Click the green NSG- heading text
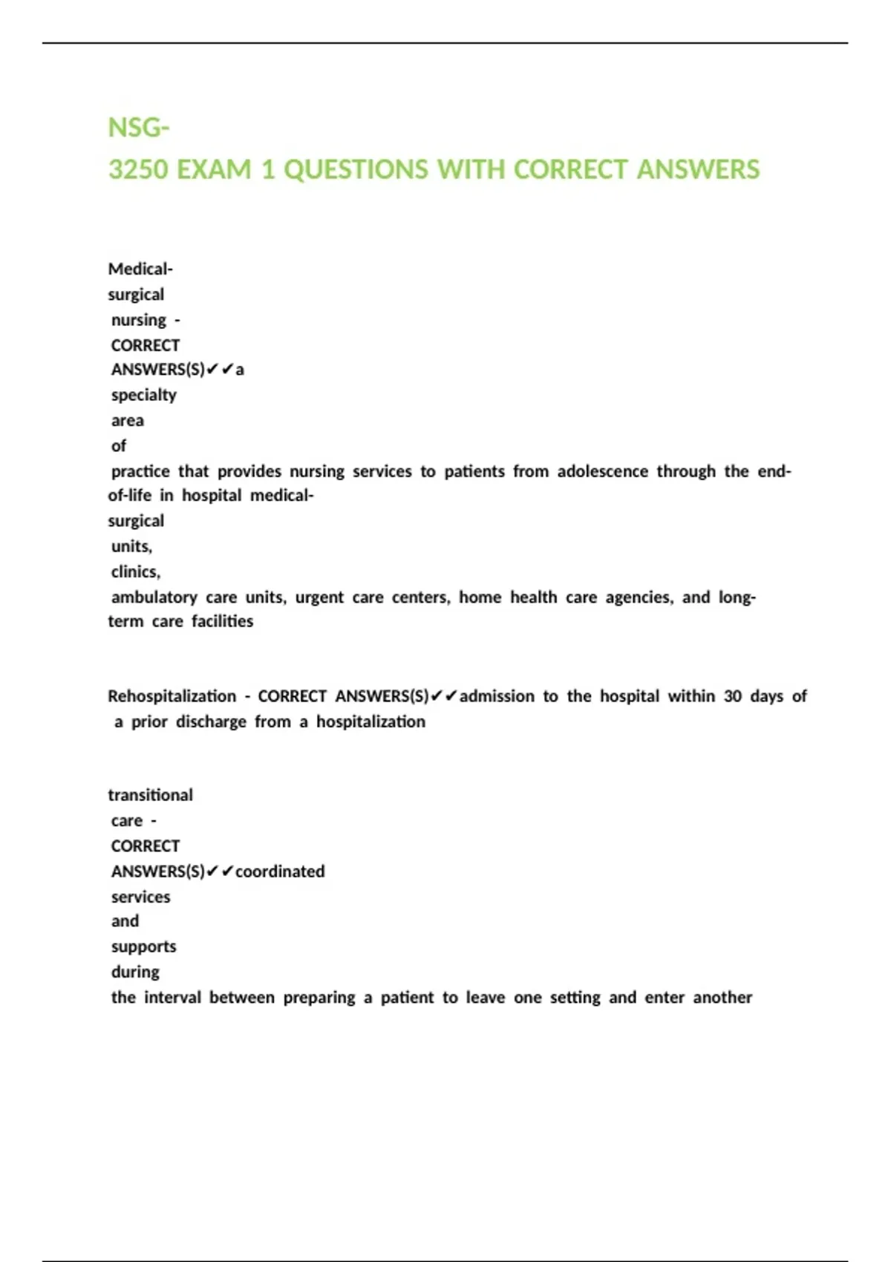139,128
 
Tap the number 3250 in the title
138,170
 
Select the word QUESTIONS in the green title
356,170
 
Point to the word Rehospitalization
172,696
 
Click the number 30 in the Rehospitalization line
732,696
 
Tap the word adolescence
602,471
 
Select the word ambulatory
154,598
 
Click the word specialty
144,395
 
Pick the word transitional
150,795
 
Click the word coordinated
280,872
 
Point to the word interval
172,998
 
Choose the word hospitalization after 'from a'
371,722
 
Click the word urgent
319,598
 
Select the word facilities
222,621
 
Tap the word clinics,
136,572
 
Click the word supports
143,947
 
